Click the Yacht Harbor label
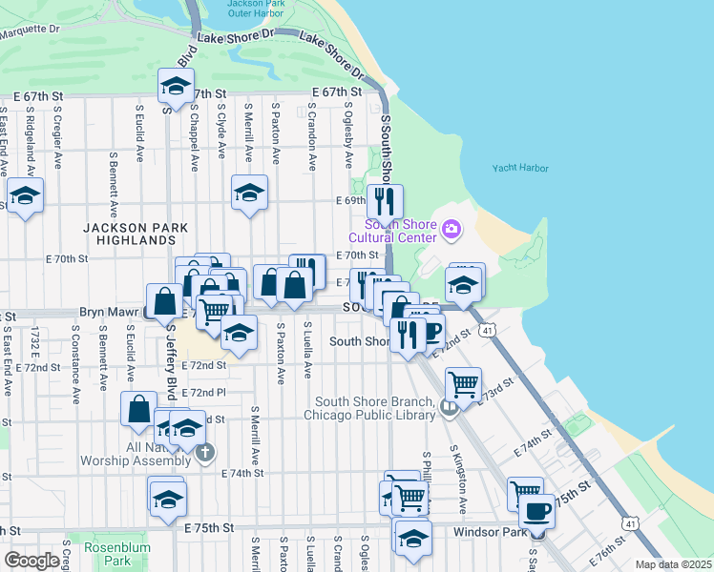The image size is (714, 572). pos(520,168)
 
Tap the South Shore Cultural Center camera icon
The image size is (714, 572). pos(451,228)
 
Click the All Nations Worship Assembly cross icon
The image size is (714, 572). pos(205,454)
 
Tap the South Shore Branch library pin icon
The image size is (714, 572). pos(450,408)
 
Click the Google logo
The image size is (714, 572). pos(31,561)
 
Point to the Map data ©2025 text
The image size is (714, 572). pos(672,564)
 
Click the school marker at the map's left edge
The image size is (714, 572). pos(25,196)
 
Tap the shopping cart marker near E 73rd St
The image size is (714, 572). pos(463,384)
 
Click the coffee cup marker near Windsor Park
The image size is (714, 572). pos(536,512)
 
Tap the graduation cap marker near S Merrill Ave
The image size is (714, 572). pos(249,193)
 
